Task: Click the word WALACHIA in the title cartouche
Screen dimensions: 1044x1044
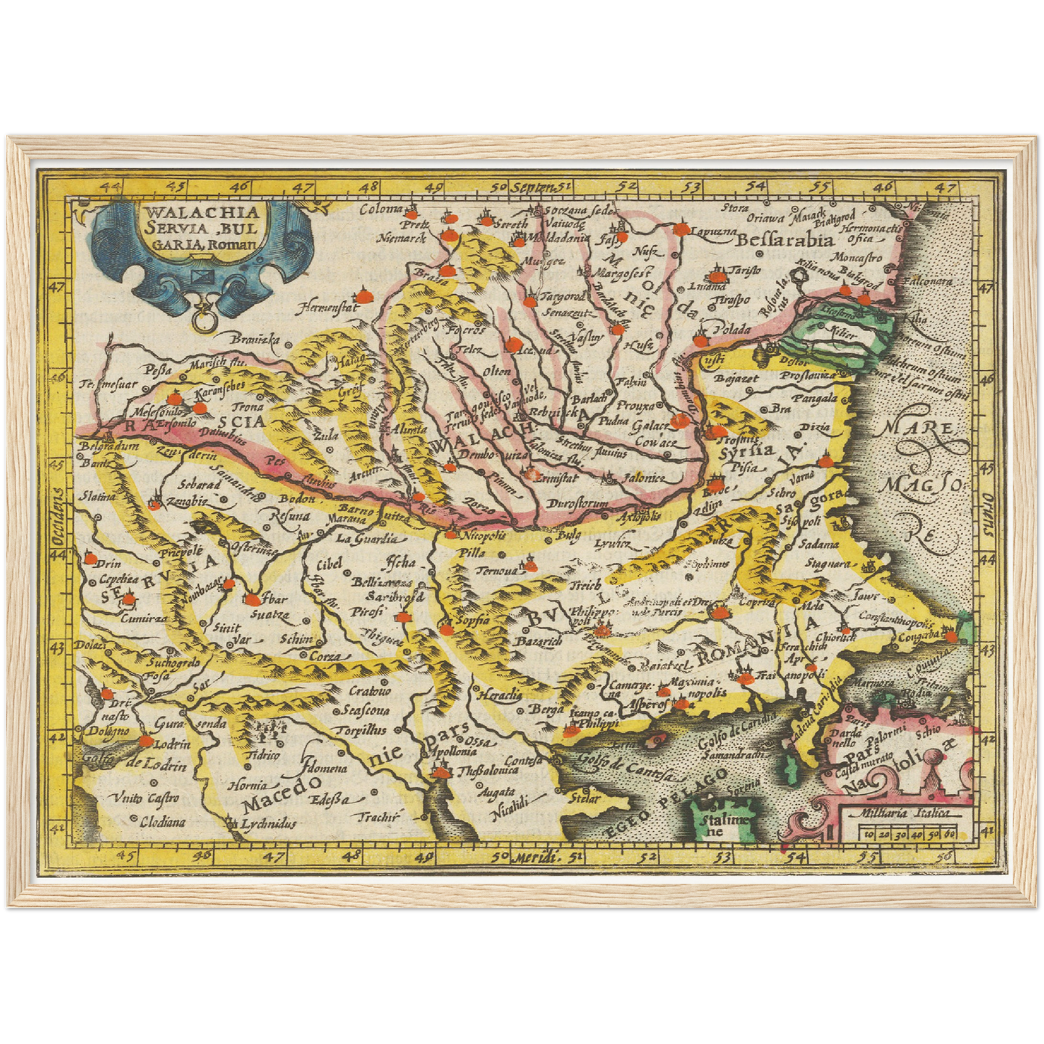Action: click(202, 212)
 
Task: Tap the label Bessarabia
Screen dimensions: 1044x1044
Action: click(787, 240)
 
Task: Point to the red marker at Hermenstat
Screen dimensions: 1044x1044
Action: click(363, 296)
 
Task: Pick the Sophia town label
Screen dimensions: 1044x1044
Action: click(471, 620)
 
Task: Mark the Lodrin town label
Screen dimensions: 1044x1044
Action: click(173, 744)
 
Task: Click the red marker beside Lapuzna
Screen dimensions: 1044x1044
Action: click(681, 229)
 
